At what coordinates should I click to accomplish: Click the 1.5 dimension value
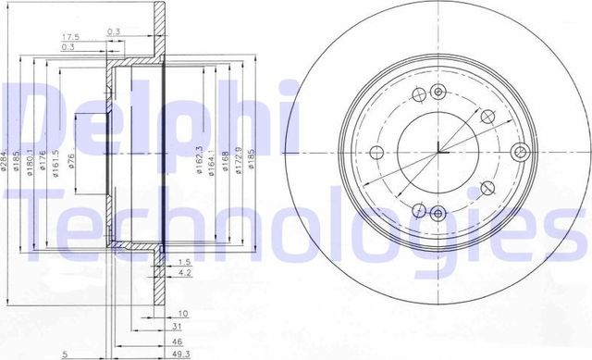pyautogui.click(x=183, y=262)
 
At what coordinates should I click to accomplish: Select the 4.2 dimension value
pyautogui.click(x=183, y=274)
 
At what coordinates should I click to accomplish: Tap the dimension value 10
pyautogui.click(x=183, y=314)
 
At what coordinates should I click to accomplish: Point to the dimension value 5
pyautogui.click(x=65, y=354)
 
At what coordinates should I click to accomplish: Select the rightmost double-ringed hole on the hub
pyautogui.click(x=519, y=153)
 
